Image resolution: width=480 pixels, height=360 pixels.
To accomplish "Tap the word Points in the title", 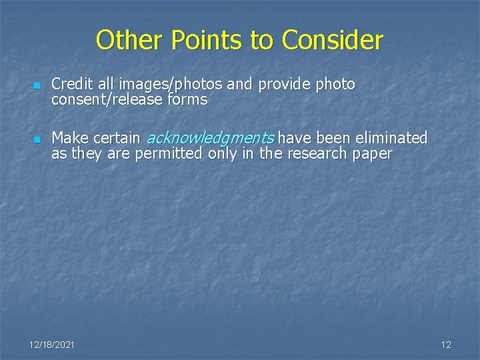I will pos(207,41).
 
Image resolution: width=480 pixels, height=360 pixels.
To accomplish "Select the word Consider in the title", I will pos(332,41).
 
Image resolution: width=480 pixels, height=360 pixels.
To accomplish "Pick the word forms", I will pos(187,100).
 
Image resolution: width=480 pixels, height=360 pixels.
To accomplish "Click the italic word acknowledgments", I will pos(209,139).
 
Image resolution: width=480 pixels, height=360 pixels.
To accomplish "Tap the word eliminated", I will pos(391,138).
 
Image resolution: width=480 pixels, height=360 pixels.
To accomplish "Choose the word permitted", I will pos(170,153).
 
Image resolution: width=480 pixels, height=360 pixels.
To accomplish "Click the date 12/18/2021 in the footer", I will pos(52,345).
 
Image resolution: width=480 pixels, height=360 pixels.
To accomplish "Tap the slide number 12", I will pos(446,345).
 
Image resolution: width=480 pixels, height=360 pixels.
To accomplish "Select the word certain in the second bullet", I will pos(117,138).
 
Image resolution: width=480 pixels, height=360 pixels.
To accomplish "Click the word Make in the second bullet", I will pos(70,138).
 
